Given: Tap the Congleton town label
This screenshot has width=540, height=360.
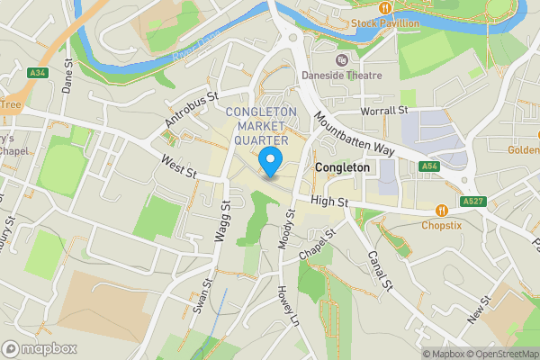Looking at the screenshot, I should coord(342,168).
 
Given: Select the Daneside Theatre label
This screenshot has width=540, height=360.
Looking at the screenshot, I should coord(341,76).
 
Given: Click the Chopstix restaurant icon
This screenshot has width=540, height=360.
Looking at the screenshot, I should coord(441,211).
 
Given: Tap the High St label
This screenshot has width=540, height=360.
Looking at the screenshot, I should coord(330,203).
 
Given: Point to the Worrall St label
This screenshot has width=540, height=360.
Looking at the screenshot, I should coord(383,110).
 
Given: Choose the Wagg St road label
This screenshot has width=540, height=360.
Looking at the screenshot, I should coord(223,220).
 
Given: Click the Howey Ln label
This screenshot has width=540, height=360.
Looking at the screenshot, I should coord(287,306).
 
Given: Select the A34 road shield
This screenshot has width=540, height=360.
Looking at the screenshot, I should coord(38,73).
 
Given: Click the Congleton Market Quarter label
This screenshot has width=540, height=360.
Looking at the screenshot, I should coord(261,126).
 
